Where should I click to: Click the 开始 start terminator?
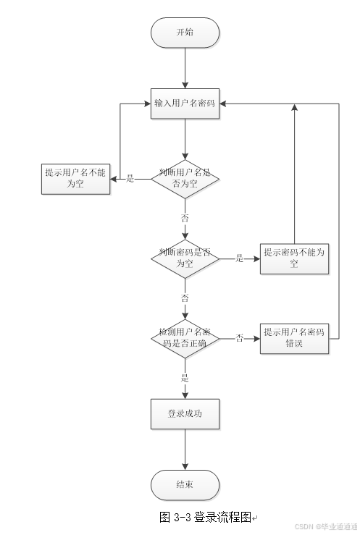pos(185,33)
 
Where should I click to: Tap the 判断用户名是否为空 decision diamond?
pos(185,178)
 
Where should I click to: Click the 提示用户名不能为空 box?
pos(75,178)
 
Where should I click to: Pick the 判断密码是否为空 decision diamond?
pos(185,258)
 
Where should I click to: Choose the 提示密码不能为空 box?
pos(294,258)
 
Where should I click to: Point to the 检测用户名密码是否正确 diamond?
pos(185,337)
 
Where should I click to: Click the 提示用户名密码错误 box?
pos(294,337)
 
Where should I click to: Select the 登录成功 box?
pos(185,414)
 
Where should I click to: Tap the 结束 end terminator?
pos(185,484)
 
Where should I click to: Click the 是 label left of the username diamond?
pos(130,178)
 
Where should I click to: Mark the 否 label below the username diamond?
pos(185,217)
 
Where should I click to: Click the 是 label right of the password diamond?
pos(239,258)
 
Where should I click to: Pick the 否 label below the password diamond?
pos(185,298)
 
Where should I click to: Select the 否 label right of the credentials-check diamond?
pos(239,337)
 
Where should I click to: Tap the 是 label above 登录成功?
pos(185,377)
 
